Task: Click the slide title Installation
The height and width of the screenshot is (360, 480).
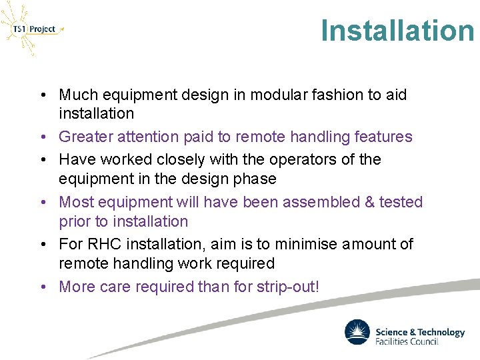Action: (397, 31)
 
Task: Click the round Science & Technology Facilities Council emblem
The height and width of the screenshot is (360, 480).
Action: (357, 332)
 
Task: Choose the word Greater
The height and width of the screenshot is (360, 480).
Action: (85, 137)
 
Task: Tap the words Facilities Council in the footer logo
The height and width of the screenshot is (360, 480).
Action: (407, 341)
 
